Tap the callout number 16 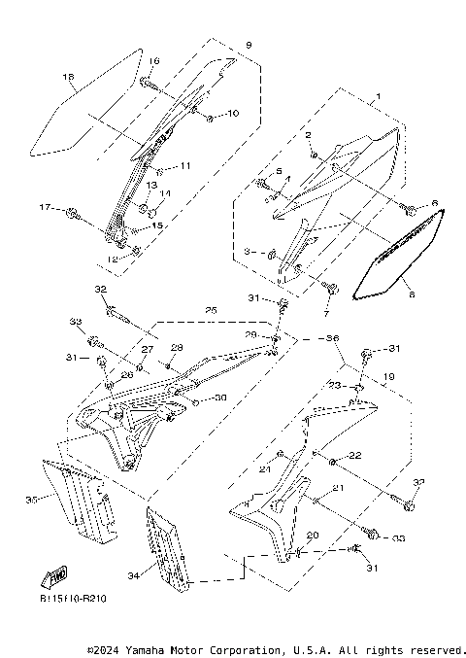tap(154, 61)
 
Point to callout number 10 tap(232, 114)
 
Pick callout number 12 tap(113, 260)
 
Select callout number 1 tap(377, 96)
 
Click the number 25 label tap(211, 310)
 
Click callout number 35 tap(31, 499)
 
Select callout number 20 tap(313, 536)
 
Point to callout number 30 tap(220, 398)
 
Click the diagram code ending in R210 tap(74, 599)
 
